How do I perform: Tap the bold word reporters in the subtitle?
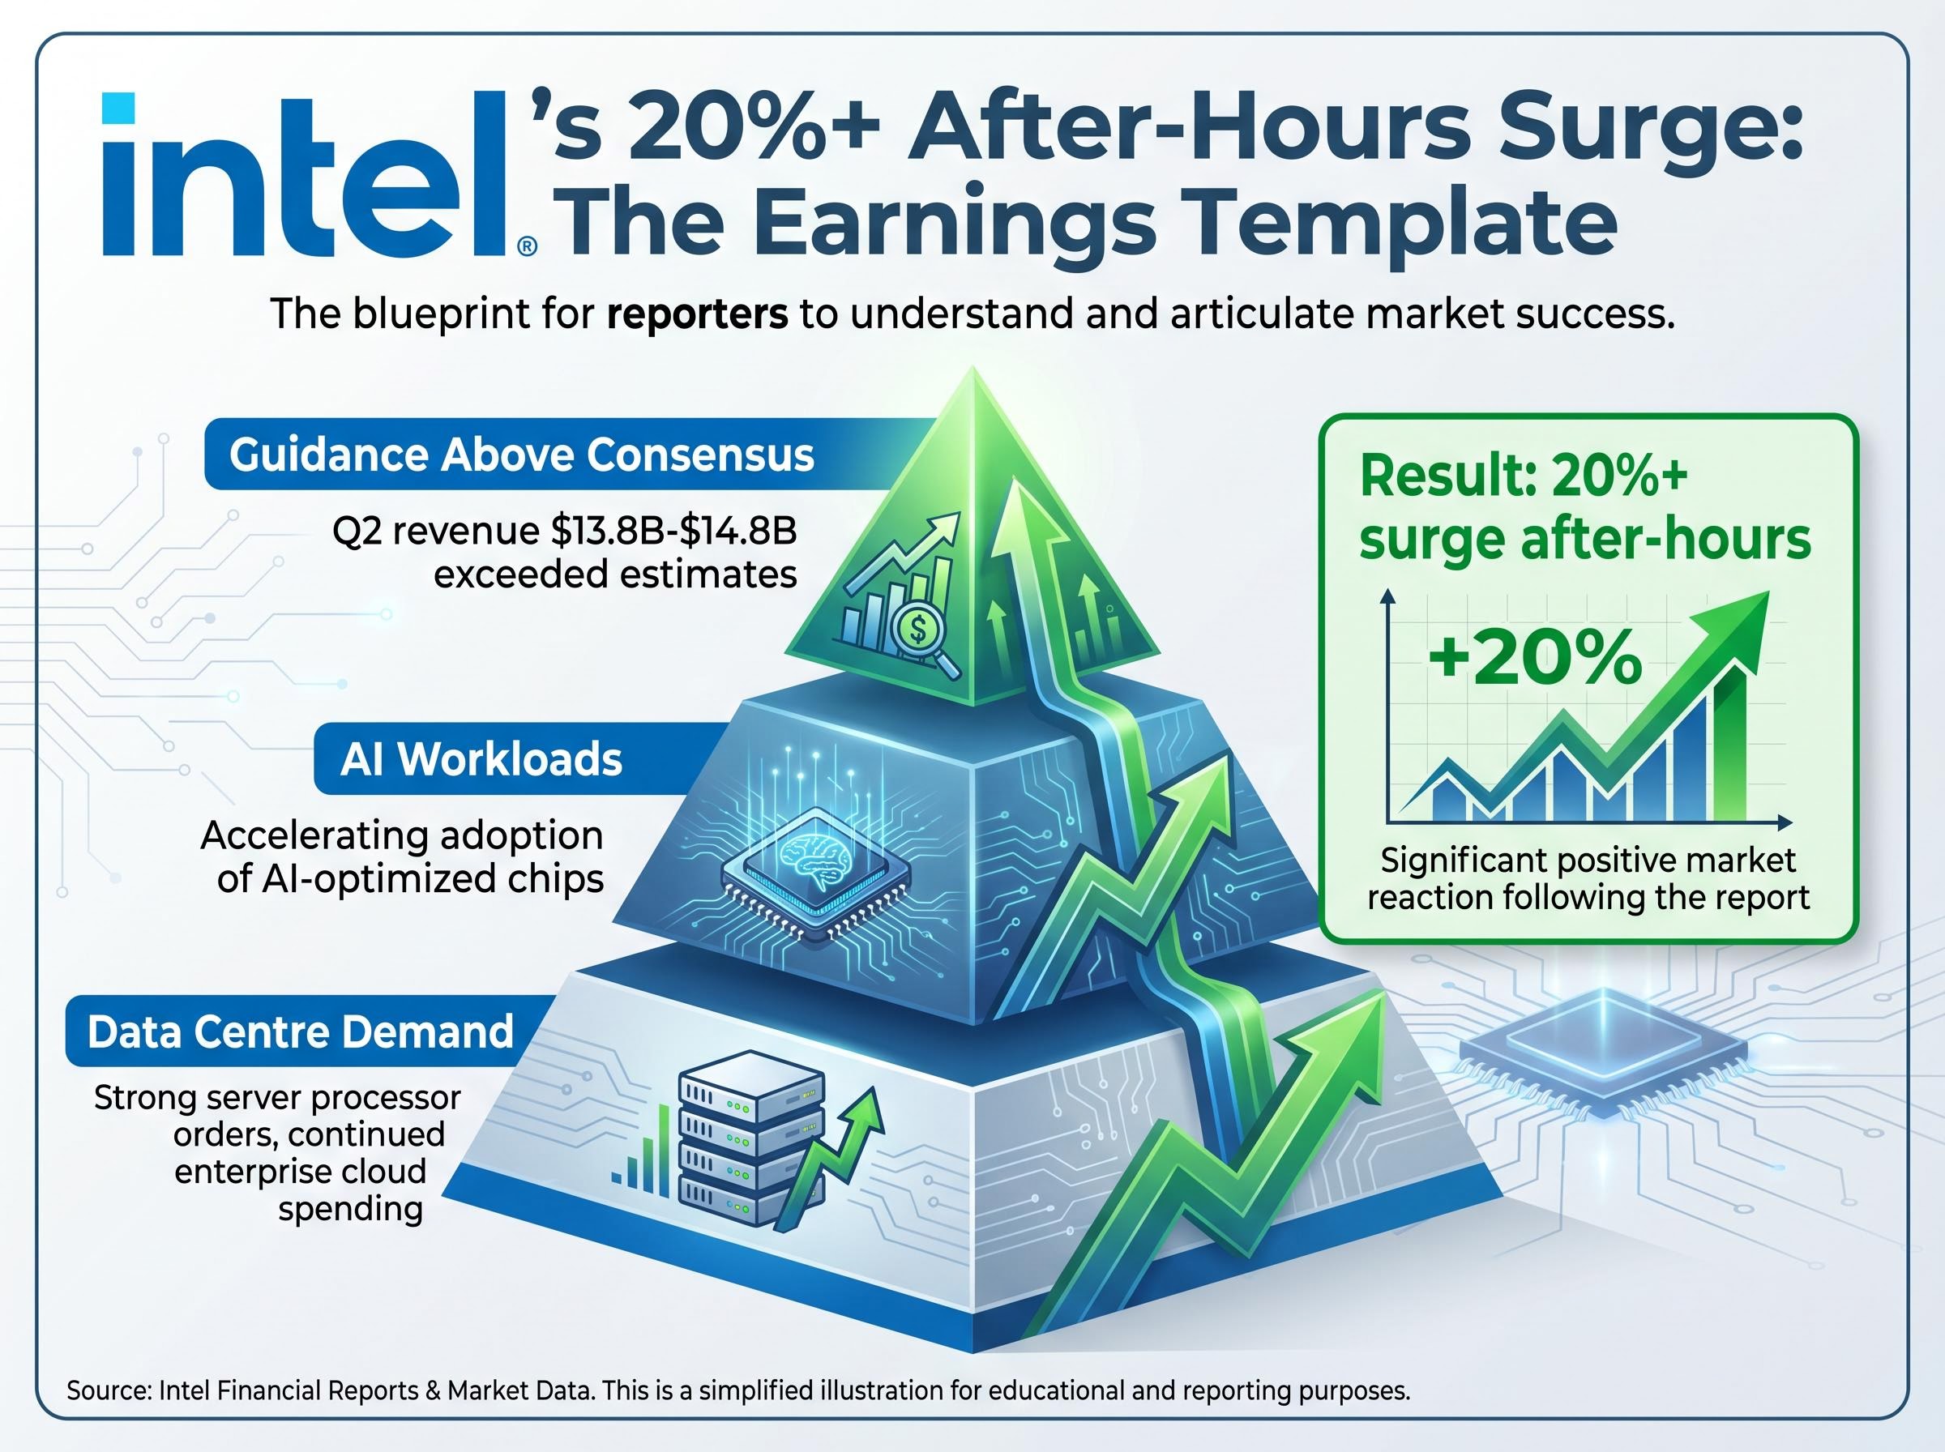tap(697, 314)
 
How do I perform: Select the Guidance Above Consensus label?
tap(521, 455)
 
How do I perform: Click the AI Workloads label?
tap(481, 759)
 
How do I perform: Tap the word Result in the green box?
tap(1438, 477)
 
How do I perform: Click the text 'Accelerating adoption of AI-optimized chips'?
tap(403, 857)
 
